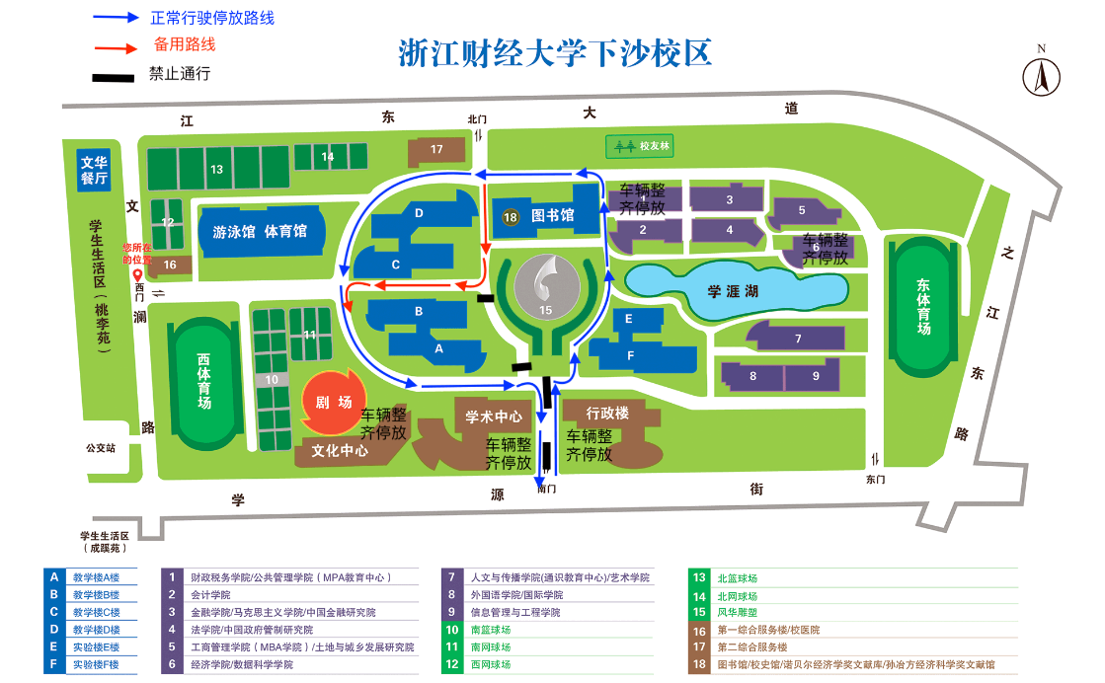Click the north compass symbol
point(1041,75)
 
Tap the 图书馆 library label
point(552,216)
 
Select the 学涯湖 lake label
point(731,291)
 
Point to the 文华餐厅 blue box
point(94,170)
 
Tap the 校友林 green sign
point(645,146)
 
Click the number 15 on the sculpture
point(545,310)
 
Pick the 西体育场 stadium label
point(203,381)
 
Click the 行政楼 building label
point(607,413)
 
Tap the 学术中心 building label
point(494,417)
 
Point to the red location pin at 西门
point(138,275)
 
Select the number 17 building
point(436,149)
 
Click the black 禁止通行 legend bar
point(114,76)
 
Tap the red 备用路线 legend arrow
point(117,46)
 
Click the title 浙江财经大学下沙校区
point(555,52)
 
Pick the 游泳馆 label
point(233,232)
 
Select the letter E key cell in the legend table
point(53,647)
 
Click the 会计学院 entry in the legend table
point(210,595)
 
